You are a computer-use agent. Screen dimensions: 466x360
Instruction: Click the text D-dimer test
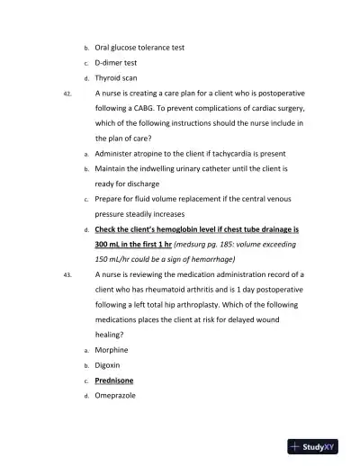[115, 62]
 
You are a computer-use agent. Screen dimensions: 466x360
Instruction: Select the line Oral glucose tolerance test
[139, 47]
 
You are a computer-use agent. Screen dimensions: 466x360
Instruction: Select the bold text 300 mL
[110, 244]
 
